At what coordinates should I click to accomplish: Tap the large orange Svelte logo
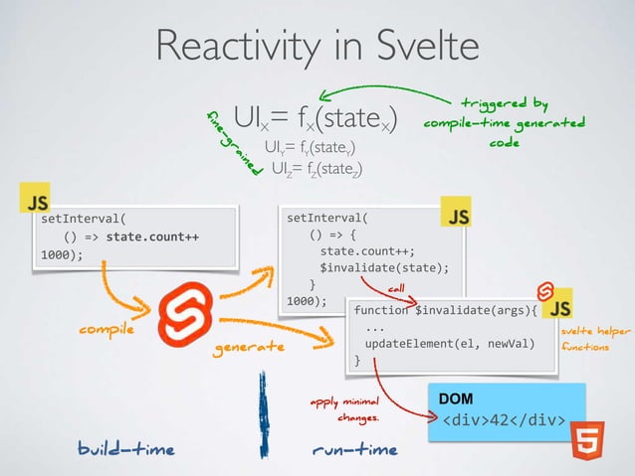pyautogui.click(x=189, y=309)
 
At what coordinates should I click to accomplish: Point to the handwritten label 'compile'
pyautogui.click(x=106, y=329)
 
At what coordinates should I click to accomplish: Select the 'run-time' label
pyautogui.click(x=354, y=449)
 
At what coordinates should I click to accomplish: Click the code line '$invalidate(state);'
pyautogui.click(x=383, y=266)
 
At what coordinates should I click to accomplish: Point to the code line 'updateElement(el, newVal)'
pyautogui.click(x=450, y=344)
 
